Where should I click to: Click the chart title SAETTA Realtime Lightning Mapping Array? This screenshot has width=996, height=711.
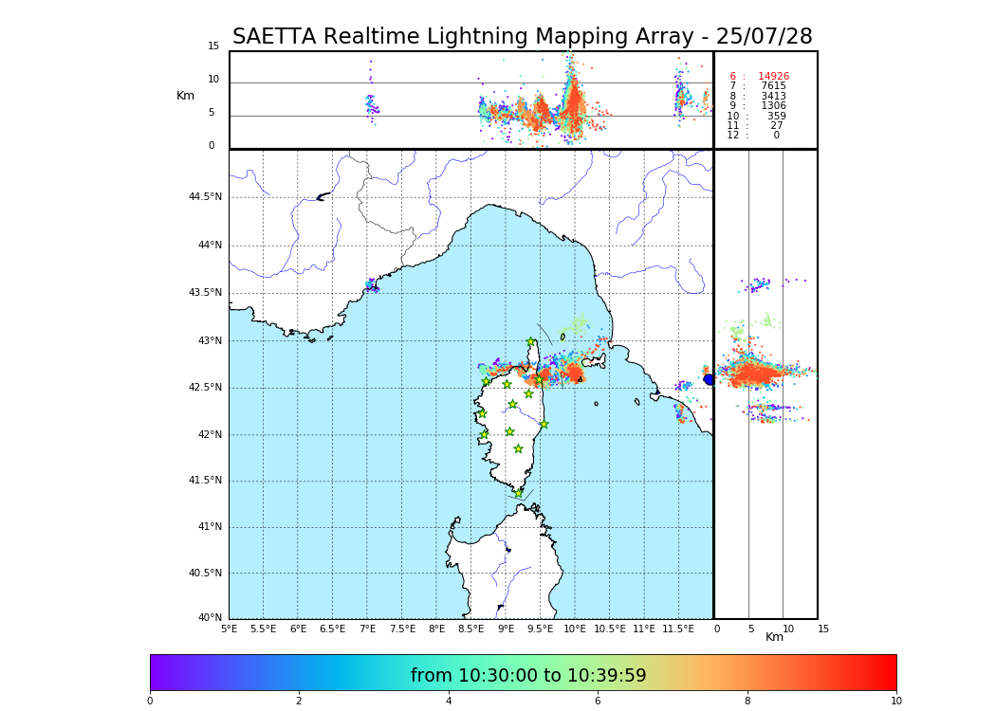(x=522, y=37)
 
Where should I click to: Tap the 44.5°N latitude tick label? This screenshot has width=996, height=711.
(x=205, y=197)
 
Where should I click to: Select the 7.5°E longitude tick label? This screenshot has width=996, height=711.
(x=402, y=629)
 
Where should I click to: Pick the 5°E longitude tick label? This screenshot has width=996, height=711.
(x=230, y=629)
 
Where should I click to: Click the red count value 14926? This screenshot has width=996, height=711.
(x=773, y=77)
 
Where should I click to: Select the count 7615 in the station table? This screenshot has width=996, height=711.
(x=773, y=86)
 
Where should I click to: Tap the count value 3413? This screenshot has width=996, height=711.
(x=773, y=97)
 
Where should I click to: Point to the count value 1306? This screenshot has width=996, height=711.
(x=773, y=106)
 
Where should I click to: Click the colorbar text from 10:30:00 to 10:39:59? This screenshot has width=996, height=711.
(x=528, y=676)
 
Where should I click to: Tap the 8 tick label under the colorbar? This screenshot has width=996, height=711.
(x=747, y=701)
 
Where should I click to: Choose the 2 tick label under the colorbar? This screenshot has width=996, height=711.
(x=299, y=701)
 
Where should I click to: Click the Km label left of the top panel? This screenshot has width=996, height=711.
(x=185, y=96)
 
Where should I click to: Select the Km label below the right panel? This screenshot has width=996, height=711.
(x=774, y=637)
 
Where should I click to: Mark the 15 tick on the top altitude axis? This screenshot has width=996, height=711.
(x=213, y=46)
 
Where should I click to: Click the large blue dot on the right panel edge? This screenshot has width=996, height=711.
(x=709, y=379)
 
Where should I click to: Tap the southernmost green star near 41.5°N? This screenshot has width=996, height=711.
(x=518, y=493)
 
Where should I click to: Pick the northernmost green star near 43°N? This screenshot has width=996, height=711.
(x=531, y=342)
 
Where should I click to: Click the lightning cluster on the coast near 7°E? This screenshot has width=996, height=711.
(x=371, y=283)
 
